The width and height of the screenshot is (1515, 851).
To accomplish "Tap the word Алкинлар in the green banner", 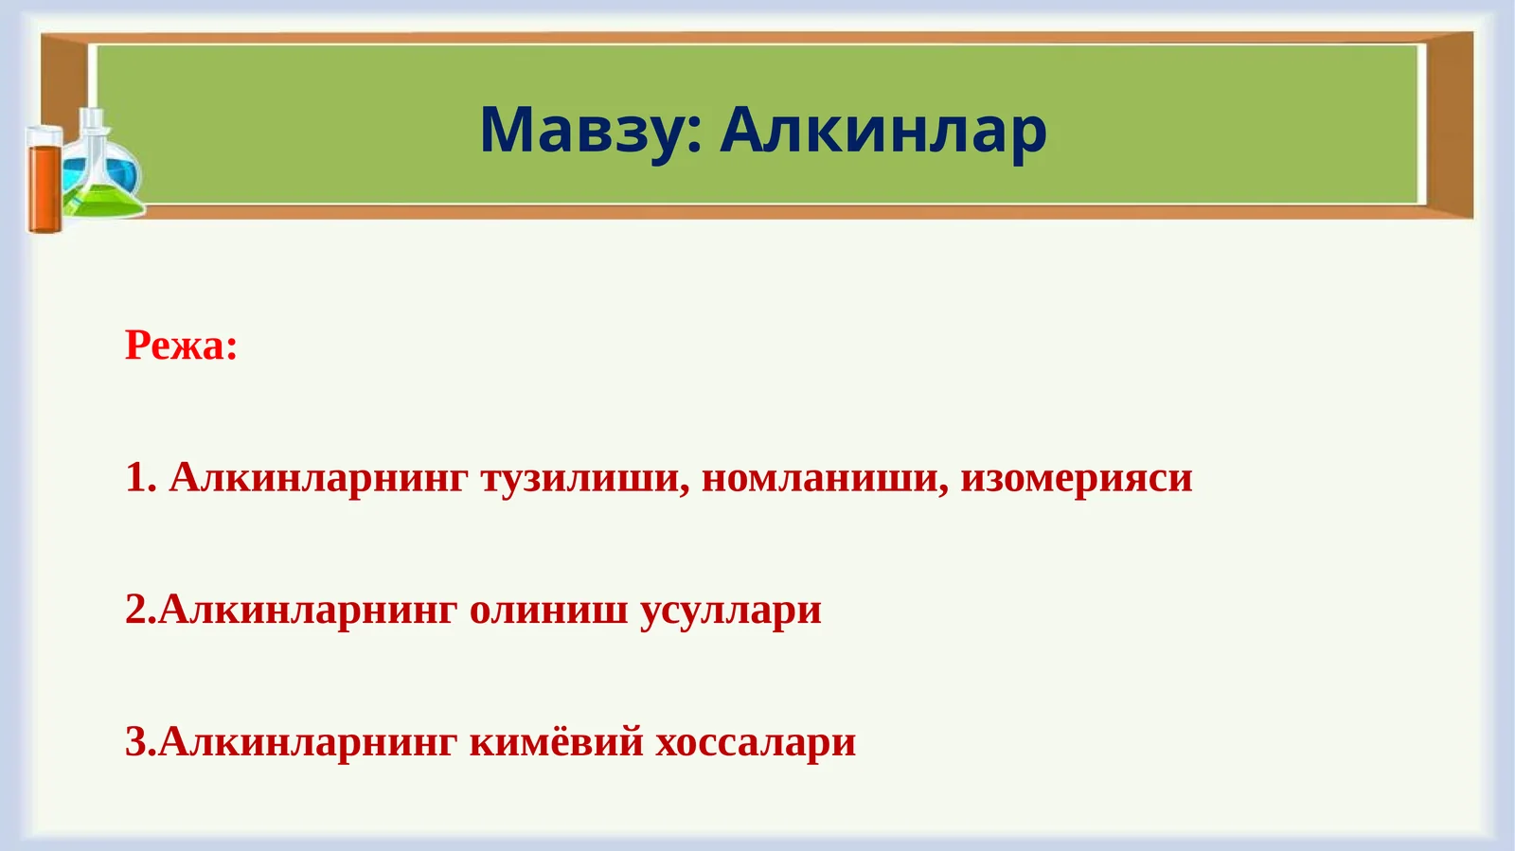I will pyautogui.click(x=882, y=130).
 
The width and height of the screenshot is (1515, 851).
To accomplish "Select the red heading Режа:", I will pyautogui.click(x=181, y=346).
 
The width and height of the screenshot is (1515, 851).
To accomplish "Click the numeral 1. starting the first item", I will pyautogui.click(x=140, y=477).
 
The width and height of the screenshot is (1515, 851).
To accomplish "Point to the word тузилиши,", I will pyautogui.click(x=585, y=477).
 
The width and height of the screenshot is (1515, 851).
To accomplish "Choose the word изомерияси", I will pyautogui.click(x=1076, y=477).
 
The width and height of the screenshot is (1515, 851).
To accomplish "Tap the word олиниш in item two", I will pyautogui.click(x=548, y=610).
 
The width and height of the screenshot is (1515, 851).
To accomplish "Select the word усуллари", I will pyautogui.click(x=730, y=610).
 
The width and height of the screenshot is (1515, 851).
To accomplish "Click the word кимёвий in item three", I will pyautogui.click(x=556, y=741).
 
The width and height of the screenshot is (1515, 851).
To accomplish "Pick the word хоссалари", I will pyautogui.click(x=756, y=741).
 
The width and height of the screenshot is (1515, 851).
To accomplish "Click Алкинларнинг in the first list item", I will pyautogui.click(x=318, y=477).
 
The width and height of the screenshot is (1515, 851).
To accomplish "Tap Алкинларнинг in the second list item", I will pyautogui.click(x=308, y=610).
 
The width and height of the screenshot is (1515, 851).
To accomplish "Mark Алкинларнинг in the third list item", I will pyautogui.click(x=308, y=741).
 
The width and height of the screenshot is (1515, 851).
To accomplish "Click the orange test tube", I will pyautogui.click(x=43, y=182).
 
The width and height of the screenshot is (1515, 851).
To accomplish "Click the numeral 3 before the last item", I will pyautogui.click(x=136, y=741).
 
